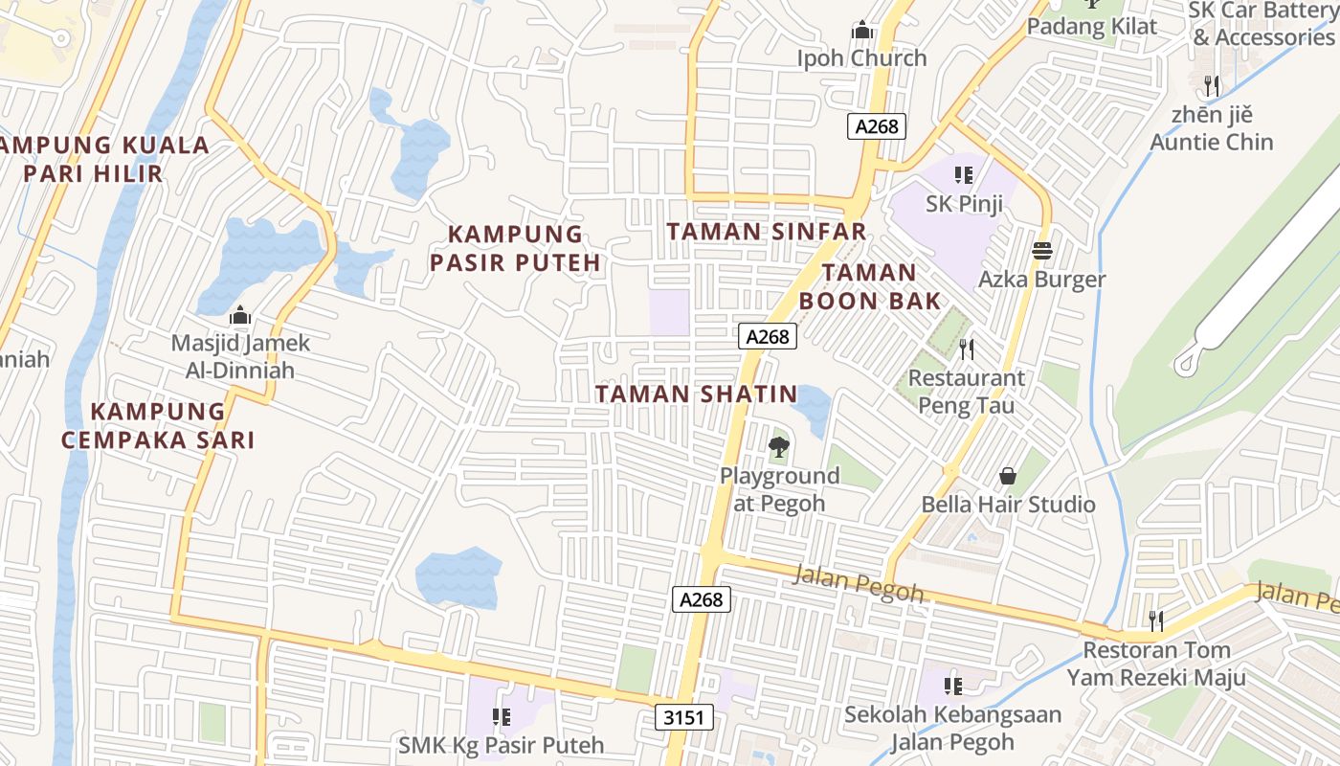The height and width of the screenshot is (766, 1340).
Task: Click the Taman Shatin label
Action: click(696, 394)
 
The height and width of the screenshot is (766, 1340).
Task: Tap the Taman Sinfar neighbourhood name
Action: click(766, 232)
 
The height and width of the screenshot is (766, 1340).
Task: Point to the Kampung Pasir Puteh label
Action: click(515, 248)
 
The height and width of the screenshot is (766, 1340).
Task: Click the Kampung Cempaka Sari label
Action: click(158, 425)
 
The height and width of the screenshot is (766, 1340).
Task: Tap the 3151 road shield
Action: click(684, 716)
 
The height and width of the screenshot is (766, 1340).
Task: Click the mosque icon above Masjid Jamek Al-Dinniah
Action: click(240, 315)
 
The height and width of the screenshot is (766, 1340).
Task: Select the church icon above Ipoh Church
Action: click(862, 31)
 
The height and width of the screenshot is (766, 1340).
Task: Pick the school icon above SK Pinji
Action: click(963, 175)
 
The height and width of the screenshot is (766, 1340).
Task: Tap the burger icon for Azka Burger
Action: click(1042, 251)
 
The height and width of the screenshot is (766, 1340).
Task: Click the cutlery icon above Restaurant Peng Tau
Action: click(966, 349)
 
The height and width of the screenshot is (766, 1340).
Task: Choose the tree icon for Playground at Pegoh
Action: click(779, 446)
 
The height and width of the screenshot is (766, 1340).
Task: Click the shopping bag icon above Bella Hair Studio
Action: click(1008, 476)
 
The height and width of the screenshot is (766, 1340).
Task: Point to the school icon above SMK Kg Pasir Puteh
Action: click(501, 716)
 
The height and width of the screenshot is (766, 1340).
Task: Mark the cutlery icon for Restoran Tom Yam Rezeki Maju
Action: click(1156, 621)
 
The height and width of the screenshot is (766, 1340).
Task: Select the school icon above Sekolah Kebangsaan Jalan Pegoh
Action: click(952, 686)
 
